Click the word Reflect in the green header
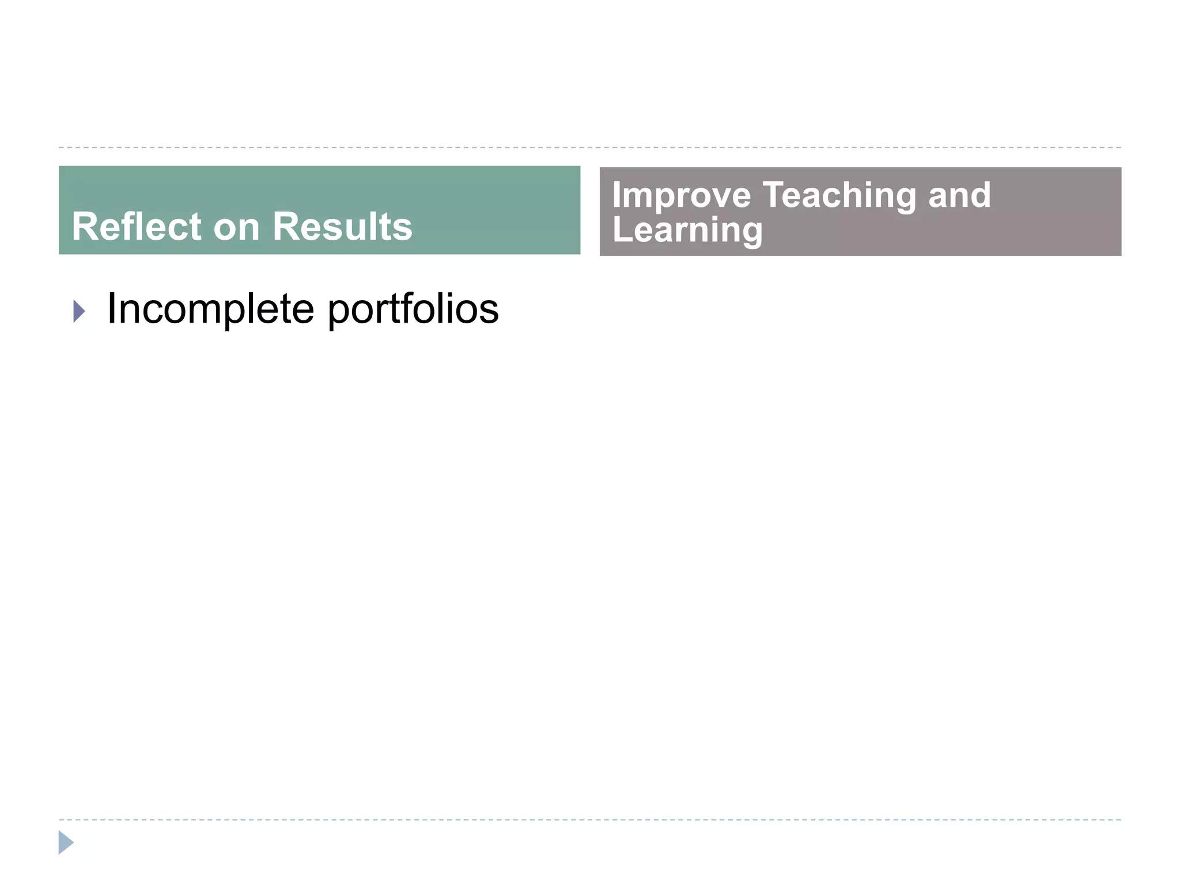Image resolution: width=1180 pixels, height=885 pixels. click(136, 226)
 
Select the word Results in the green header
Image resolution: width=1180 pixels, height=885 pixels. click(342, 226)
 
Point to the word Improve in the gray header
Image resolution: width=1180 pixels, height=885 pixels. click(681, 196)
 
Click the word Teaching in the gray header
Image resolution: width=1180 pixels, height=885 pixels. click(839, 196)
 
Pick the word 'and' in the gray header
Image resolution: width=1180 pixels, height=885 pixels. click(959, 195)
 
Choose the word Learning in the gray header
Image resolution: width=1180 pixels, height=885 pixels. click(687, 230)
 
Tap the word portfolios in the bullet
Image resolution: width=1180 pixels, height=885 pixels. click(413, 309)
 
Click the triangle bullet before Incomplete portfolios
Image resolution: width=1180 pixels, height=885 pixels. click(80, 311)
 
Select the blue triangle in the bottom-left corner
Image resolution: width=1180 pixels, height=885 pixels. click(66, 842)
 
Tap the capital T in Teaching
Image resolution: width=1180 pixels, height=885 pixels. click(775, 195)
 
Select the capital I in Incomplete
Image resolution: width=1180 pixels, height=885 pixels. click(111, 308)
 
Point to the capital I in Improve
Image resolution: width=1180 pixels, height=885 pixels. click(617, 195)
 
